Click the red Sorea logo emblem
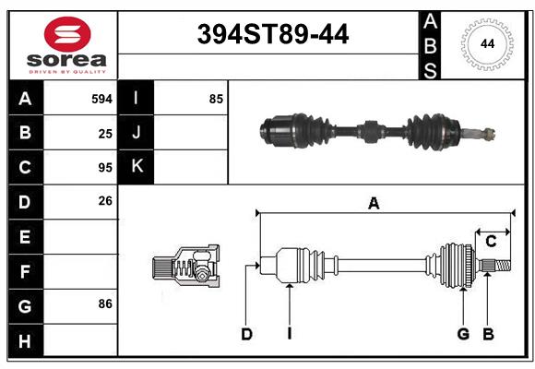[x=67, y=34]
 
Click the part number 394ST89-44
[x=273, y=34]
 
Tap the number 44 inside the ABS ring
[x=487, y=44]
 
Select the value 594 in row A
[x=102, y=99]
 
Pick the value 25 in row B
[x=105, y=134]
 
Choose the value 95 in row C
[x=105, y=168]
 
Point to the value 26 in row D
[x=105, y=201]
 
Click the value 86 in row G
[x=105, y=304]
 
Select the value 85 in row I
[x=216, y=99]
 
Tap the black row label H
[x=26, y=340]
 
